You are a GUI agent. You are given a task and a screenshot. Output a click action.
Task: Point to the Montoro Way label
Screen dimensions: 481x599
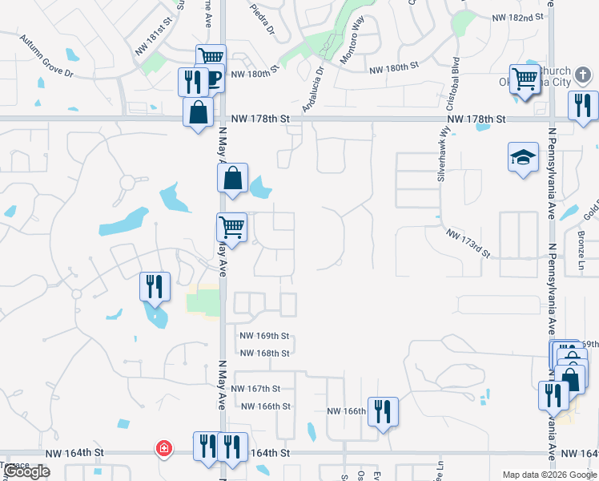click(x=352, y=39)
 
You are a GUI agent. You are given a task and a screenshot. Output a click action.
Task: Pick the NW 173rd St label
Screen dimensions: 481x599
click(x=468, y=242)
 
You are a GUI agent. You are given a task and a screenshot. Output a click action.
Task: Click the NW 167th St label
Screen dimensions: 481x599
click(x=255, y=388)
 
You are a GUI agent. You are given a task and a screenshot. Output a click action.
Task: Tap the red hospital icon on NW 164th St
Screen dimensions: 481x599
click(x=163, y=447)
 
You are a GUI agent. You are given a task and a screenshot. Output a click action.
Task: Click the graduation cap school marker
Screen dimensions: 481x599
click(x=523, y=158)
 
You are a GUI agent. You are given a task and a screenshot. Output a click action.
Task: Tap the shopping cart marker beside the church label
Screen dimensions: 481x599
click(x=525, y=79)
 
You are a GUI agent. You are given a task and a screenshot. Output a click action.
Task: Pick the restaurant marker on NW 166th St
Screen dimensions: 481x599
click(x=383, y=412)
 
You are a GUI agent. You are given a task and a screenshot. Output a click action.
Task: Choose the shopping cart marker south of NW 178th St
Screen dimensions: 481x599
click(x=232, y=227)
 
